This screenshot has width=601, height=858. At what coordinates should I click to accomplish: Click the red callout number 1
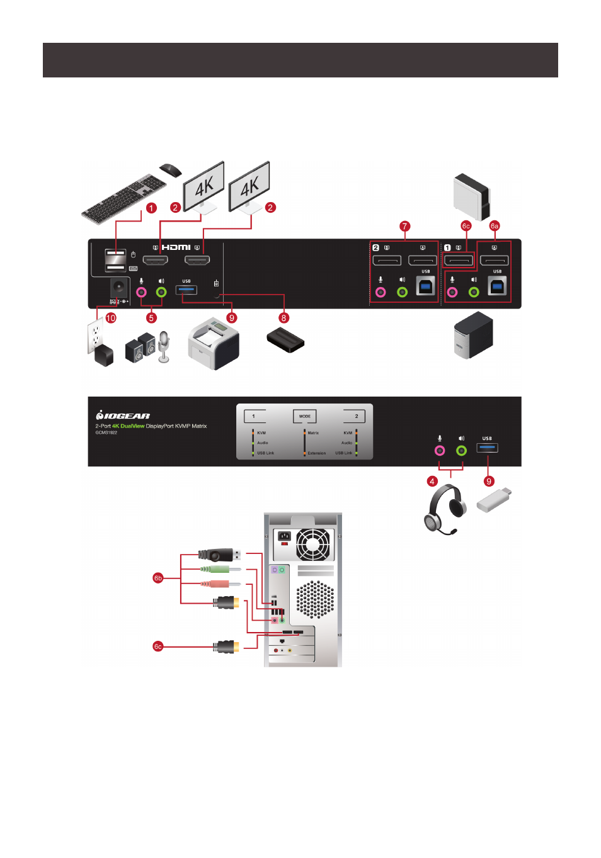tap(151, 208)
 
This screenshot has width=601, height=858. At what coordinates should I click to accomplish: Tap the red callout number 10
tap(111, 318)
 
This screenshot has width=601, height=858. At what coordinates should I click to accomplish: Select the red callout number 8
tap(283, 318)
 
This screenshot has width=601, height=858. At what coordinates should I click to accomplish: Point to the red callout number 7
tap(404, 226)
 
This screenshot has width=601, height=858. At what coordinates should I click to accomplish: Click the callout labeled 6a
tap(495, 226)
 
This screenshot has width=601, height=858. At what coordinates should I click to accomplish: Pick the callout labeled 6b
tap(158, 577)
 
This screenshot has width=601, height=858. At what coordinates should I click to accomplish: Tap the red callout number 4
tap(432, 482)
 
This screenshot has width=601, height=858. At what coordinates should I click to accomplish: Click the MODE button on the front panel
tap(305, 416)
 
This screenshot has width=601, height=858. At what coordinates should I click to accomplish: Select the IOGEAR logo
tap(123, 415)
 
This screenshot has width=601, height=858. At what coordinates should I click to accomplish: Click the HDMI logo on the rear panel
tap(176, 247)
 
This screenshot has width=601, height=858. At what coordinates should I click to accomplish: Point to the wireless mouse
tap(170, 169)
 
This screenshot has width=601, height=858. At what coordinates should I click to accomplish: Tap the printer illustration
tap(214, 344)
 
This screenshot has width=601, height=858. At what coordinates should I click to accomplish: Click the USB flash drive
tap(494, 500)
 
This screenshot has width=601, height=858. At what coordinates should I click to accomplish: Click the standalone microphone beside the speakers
tap(164, 347)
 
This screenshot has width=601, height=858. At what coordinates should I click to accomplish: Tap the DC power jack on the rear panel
tap(118, 287)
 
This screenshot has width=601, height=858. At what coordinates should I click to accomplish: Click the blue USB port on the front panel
tap(488, 448)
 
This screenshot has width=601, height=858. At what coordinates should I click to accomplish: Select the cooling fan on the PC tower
tap(313, 544)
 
